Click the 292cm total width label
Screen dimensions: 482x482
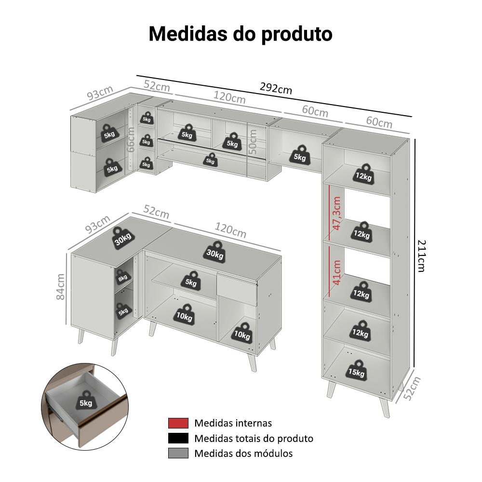[276, 89]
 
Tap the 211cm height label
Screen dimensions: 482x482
[422, 256]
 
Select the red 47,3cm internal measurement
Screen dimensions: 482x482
[337, 213]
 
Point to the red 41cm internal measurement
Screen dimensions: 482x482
[337, 272]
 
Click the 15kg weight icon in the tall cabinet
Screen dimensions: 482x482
[357, 371]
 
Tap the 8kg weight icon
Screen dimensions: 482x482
[122, 277]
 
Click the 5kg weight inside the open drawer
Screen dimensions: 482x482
[86, 401]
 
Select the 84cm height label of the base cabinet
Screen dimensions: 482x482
[61, 286]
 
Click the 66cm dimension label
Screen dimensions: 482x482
[131, 140]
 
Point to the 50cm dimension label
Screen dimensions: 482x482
[253, 142]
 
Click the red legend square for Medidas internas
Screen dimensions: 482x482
[178, 423]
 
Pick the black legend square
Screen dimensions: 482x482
[178, 438]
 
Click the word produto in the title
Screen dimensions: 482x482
[297, 34]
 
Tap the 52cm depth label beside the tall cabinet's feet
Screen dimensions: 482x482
[412, 388]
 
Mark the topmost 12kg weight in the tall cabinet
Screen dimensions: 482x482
[363, 174]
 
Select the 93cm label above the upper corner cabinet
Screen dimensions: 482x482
[100, 93]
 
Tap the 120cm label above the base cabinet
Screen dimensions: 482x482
[230, 230]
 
